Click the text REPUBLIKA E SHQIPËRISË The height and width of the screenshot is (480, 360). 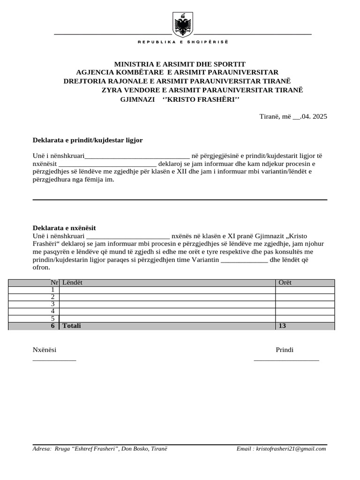[x=182, y=42]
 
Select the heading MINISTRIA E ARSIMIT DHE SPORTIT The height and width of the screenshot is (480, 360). [x=180, y=64]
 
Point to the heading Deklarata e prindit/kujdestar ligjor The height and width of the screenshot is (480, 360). [x=88, y=140]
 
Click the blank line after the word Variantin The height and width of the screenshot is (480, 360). [x=244, y=260]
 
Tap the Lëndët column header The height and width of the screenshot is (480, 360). [x=73, y=283]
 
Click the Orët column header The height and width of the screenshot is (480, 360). [x=285, y=283]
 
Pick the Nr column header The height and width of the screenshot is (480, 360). [x=54, y=283]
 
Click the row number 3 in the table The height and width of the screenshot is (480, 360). [x=53, y=304]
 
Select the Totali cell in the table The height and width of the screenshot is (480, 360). [x=72, y=326]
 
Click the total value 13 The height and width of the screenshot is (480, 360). [x=282, y=326]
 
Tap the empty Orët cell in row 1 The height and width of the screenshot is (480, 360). [x=305, y=290]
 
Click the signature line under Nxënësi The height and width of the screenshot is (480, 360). [x=54, y=360]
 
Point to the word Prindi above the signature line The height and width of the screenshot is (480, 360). [x=285, y=350]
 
